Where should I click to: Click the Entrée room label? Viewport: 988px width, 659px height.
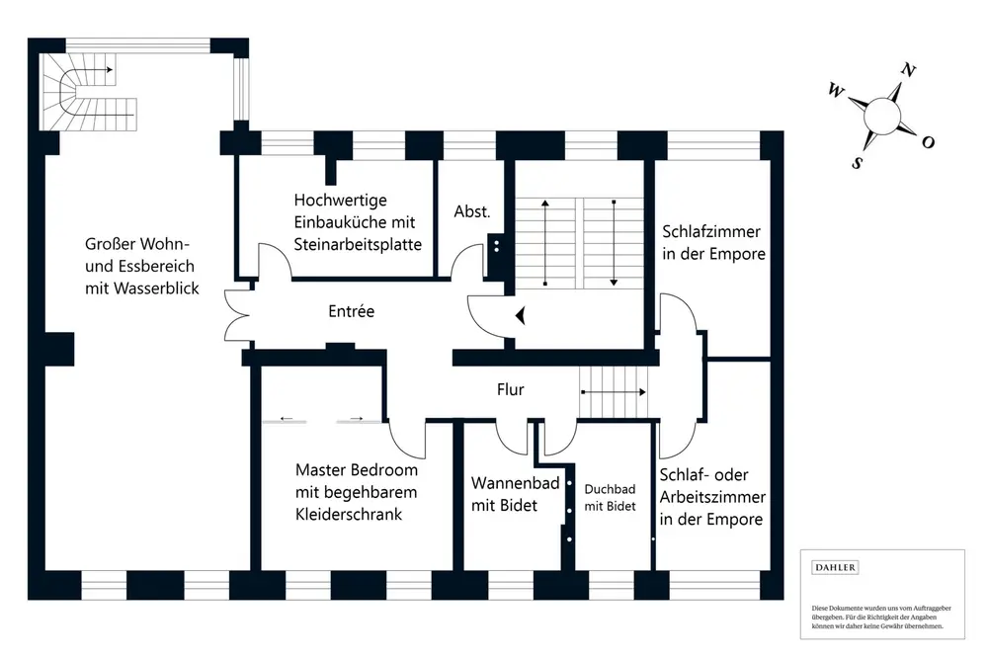pos(352,311)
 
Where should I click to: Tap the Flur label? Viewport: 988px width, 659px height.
pos(510,389)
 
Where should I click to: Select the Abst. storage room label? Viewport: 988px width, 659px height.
pos(471,211)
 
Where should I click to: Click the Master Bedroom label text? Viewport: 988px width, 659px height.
pos(356,492)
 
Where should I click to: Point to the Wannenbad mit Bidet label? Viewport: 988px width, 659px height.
pos(516,494)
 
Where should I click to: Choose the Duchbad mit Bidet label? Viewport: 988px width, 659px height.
pos(610,497)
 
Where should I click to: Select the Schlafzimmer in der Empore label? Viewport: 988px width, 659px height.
pos(713,243)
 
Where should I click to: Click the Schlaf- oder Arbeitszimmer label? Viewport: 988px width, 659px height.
pos(711,497)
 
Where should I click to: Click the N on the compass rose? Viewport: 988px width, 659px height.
pos(907,70)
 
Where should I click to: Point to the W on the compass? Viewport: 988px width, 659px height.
pos(836,91)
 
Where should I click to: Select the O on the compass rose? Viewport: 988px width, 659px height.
pos(928,142)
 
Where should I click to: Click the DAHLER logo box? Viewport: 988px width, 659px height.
pos(835,567)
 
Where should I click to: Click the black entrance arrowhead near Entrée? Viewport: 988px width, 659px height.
pos(521,315)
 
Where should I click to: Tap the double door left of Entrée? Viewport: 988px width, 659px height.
pos(234,313)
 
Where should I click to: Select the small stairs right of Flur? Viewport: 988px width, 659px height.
pos(614,391)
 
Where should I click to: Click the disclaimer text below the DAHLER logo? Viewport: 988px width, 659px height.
pos(877,617)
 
